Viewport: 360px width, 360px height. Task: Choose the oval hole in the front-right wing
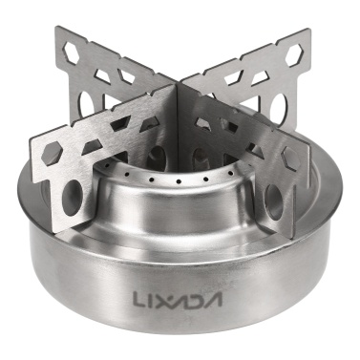pyautogui.click(x=272, y=202)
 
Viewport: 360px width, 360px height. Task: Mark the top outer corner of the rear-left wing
pyautogui.click(x=57, y=30)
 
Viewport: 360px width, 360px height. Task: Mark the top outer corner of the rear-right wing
pyautogui.click(x=307, y=34)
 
